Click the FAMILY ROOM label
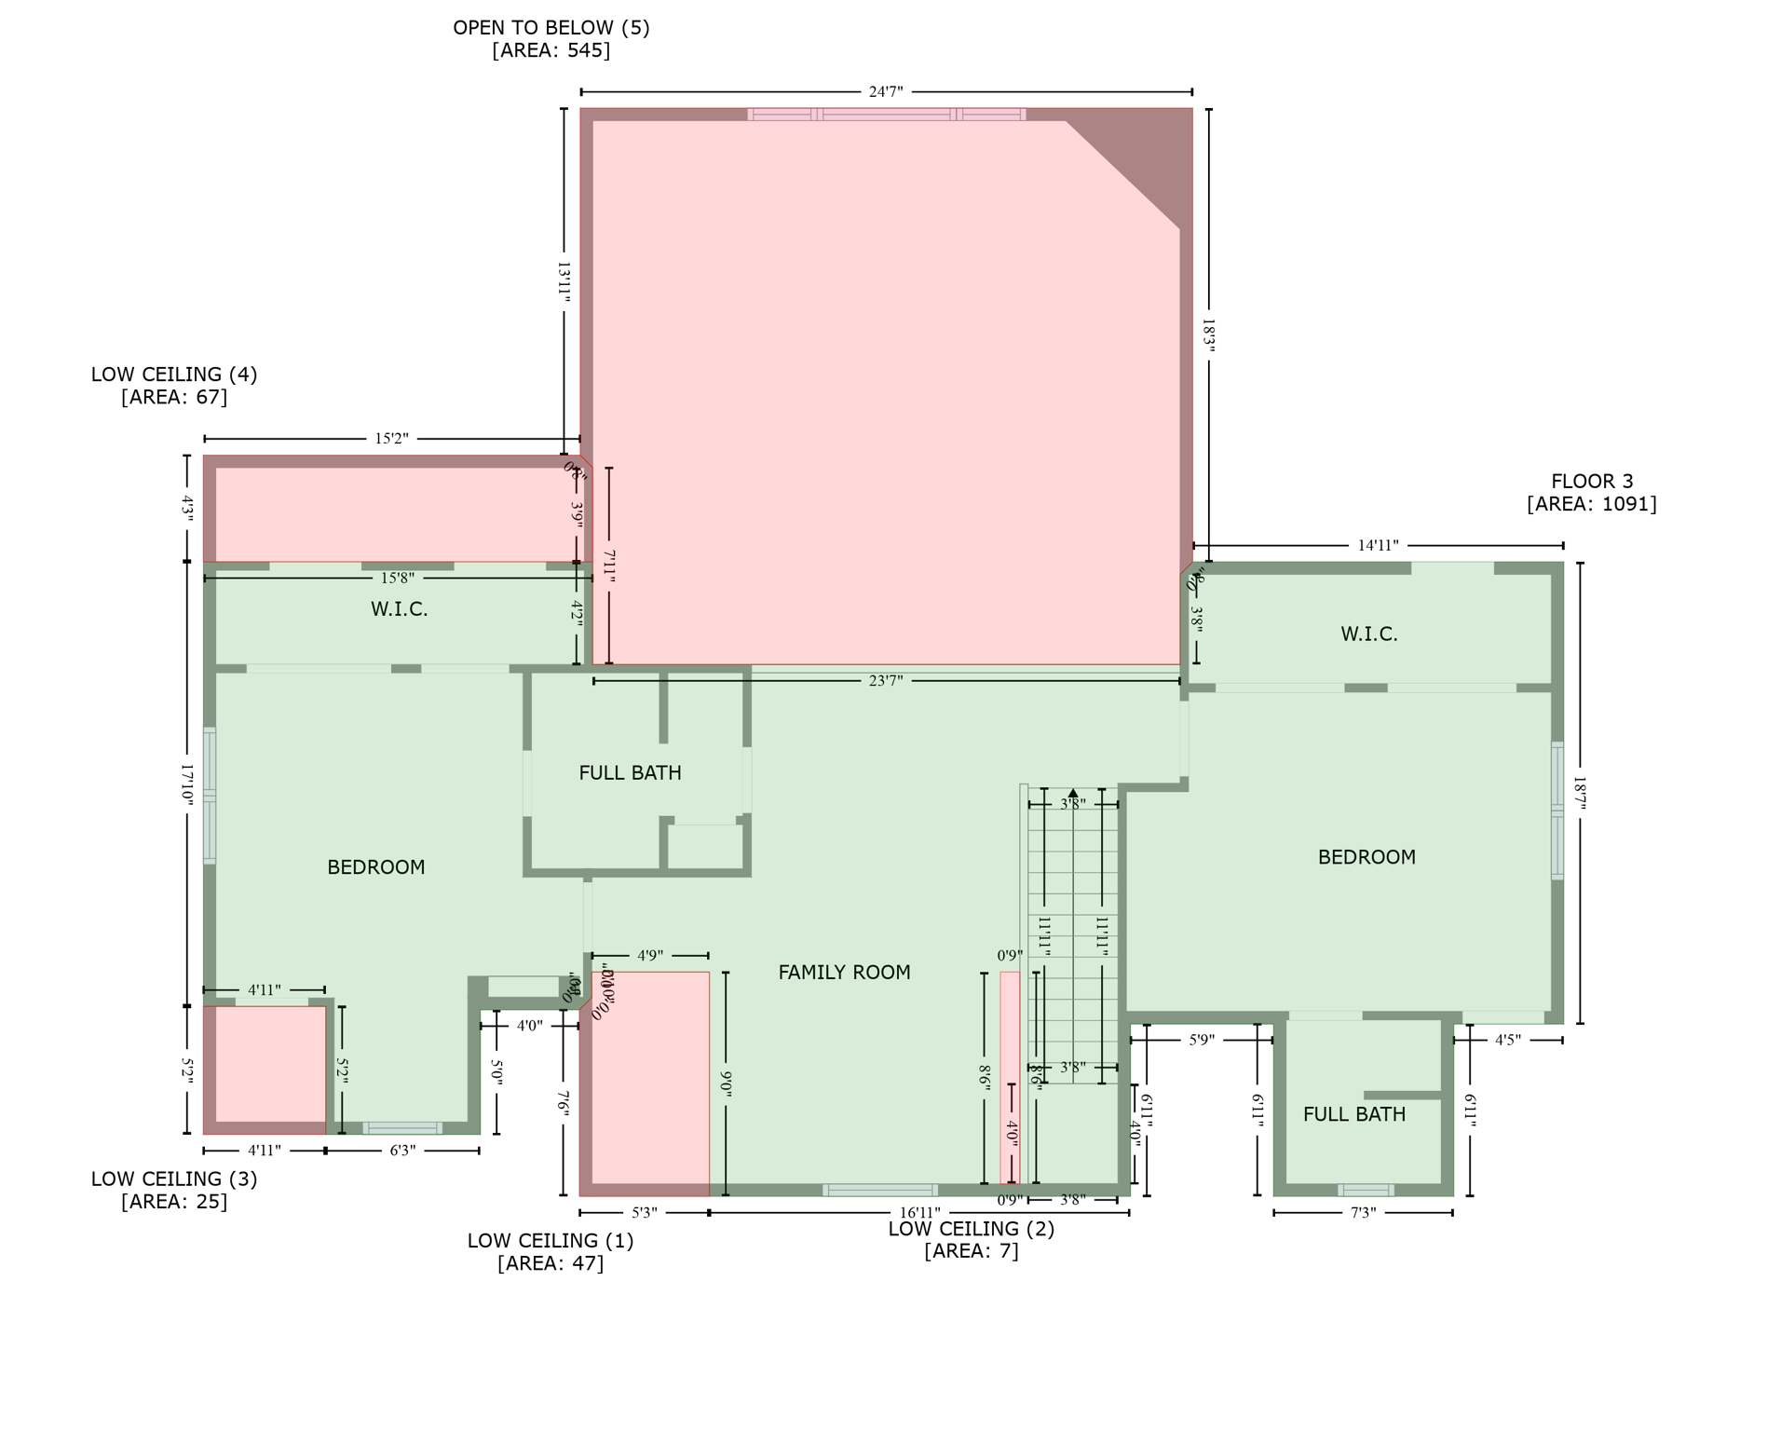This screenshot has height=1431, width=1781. click(843, 973)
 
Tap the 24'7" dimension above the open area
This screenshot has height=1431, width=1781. click(885, 92)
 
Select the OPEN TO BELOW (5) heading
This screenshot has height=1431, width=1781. click(551, 28)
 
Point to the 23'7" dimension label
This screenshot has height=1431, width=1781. click(885, 681)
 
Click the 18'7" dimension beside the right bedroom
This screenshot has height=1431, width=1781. click(1579, 793)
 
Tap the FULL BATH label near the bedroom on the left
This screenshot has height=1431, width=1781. click(630, 773)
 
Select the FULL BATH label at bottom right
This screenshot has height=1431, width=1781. click(1353, 1114)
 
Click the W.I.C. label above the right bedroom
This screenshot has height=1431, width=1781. click(1367, 634)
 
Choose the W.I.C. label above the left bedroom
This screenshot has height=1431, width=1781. click(399, 609)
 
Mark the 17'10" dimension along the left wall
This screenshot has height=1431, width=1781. click(186, 784)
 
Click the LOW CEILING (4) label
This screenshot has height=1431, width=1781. click(173, 375)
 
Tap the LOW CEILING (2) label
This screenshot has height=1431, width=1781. click(971, 1229)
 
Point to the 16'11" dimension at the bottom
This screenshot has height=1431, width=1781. click(918, 1213)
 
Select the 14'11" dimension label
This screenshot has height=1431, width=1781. click(1377, 546)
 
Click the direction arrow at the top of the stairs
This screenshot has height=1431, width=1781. click(1072, 793)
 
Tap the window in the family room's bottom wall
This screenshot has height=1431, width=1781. click(879, 1190)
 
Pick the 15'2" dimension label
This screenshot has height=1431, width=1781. click(391, 439)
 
